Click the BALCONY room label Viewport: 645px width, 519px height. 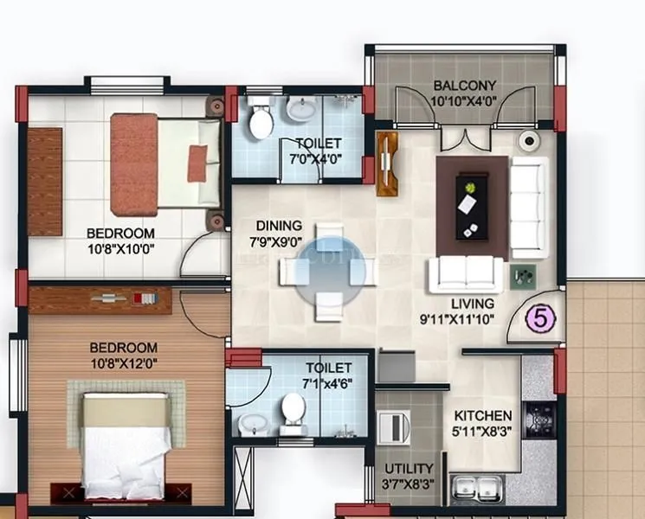465,86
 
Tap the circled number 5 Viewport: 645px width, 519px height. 541,317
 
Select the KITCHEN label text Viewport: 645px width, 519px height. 483,416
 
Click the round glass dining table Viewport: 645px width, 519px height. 327,271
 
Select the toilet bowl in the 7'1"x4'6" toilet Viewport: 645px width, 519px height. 293,411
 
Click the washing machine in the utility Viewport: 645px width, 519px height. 396,428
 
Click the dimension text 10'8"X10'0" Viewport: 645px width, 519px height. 120,249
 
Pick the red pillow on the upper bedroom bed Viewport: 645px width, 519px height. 197,163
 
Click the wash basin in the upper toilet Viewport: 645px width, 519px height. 301,109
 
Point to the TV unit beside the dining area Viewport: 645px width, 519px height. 386,163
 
